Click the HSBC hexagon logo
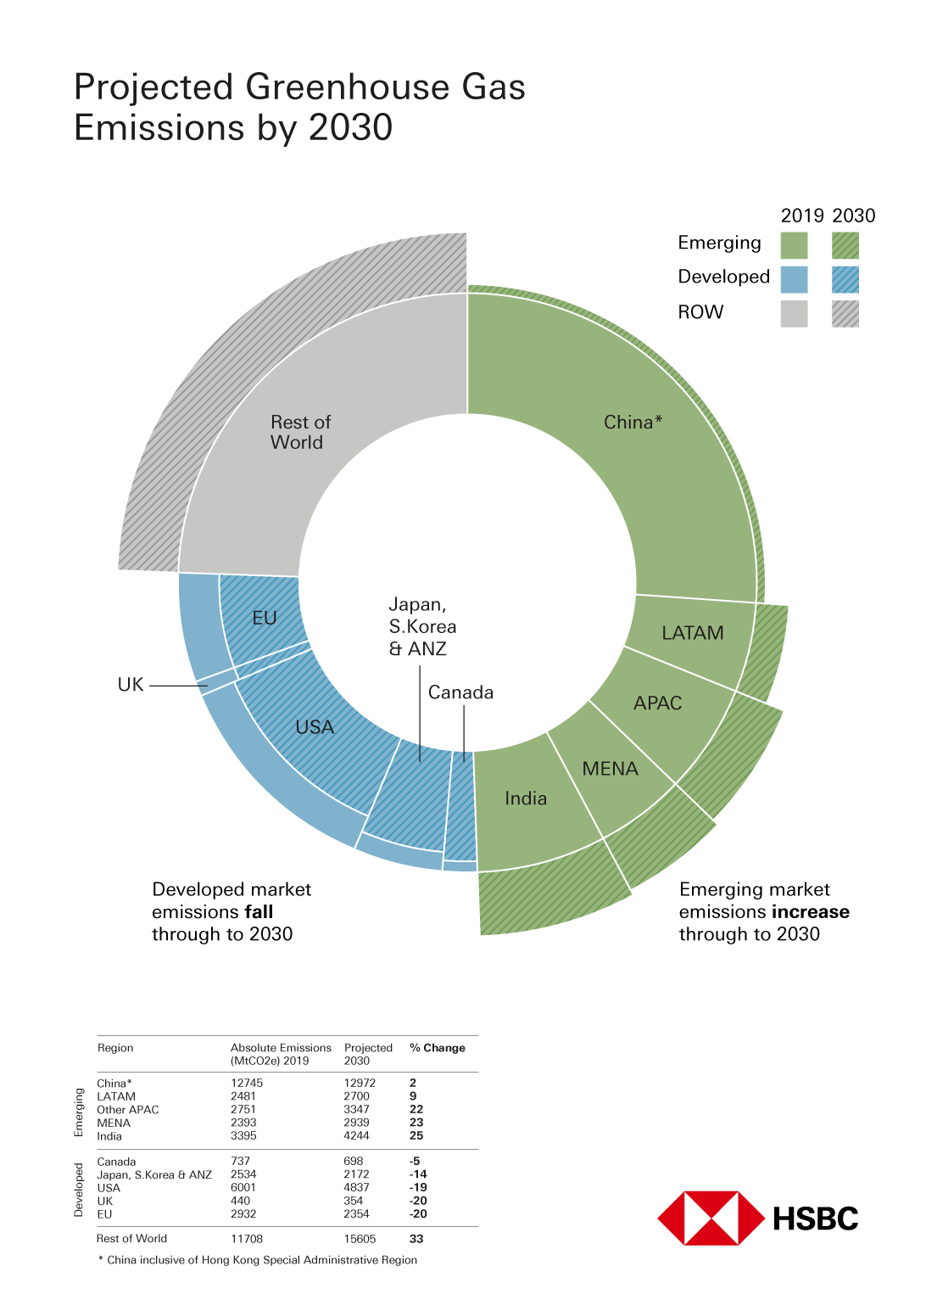[711, 1219]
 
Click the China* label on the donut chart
[633, 423]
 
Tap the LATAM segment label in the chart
[692, 633]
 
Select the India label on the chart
[526, 798]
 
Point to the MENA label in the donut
[610, 769]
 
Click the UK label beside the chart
[131, 685]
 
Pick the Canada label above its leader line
[460, 692]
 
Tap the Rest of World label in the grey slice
[299, 432]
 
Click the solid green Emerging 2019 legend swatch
[794, 245]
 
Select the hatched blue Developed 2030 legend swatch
[845, 279]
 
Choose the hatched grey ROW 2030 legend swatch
[845, 313]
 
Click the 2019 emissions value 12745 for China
[247, 1083]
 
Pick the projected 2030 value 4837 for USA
[356, 1187]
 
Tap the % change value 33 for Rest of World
[416, 1239]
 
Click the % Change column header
[437, 1048]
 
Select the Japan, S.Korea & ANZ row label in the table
[154, 1174]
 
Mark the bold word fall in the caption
[259, 912]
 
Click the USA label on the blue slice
[315, 727]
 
